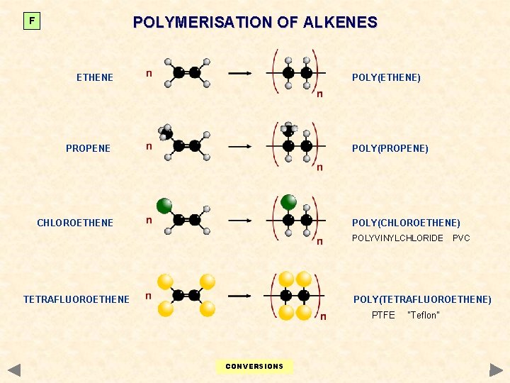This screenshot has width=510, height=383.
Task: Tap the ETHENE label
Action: point(95,77)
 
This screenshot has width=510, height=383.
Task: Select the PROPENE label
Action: point(88,148)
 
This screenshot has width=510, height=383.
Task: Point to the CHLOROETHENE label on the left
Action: point(75,223)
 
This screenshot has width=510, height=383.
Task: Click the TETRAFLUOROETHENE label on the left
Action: point(76,299)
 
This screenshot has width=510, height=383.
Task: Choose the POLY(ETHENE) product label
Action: point(386,77)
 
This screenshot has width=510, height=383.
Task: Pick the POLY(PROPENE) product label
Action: point(390,148)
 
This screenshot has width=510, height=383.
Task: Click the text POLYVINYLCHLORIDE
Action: point(397,238)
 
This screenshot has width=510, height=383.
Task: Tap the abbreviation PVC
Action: point(461,238)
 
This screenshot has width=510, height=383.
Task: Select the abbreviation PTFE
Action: point(383,315)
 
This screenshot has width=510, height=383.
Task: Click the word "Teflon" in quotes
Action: point(424,315)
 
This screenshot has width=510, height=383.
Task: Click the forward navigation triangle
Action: point(496,370)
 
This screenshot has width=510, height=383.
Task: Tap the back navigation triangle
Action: point(14,370)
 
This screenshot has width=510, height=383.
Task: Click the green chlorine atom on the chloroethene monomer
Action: point(164,206)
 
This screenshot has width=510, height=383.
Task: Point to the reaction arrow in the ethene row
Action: point(239,72)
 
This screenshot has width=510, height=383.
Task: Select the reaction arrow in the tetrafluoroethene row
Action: point(239,295)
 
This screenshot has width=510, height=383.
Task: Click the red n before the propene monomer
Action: point(148,146)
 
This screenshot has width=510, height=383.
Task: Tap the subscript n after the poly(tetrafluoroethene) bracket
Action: point(323,316)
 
